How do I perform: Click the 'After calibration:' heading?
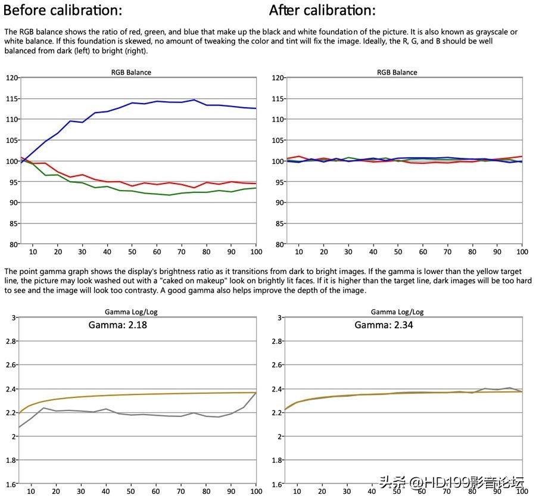coord(322,10)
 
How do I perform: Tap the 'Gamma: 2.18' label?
coord(117,325)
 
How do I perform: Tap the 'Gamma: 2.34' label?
coord(384,325)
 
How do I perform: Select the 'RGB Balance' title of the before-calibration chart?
coord(131,72)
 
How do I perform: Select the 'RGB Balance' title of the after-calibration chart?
coord(397,72)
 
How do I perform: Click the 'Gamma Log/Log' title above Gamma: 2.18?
coord(131,312)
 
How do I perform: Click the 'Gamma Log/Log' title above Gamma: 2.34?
coord(397,312)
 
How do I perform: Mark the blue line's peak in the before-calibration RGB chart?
coord(194,100)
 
